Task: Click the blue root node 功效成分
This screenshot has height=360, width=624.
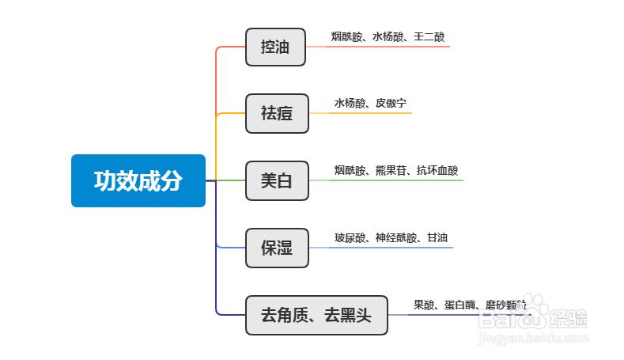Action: coord(138,181)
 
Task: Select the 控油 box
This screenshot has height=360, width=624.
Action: coord(275,47)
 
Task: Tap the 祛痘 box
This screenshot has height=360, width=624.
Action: coord(275,113)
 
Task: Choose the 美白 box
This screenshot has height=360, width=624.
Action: coord(276,180)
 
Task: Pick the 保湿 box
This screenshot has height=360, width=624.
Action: coord(276,248)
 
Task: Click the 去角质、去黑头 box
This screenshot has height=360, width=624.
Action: coord(316,315)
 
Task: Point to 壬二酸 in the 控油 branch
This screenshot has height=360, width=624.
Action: coord(429,36)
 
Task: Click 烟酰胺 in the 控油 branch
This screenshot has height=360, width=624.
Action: coord(347,36)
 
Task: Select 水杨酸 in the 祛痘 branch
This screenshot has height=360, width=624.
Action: coord(350,103)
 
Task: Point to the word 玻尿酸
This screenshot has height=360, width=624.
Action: coord(350,237)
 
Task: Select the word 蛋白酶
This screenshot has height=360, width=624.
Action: coord(459,305)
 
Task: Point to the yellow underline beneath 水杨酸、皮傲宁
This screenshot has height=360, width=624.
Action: coord(369,113)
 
